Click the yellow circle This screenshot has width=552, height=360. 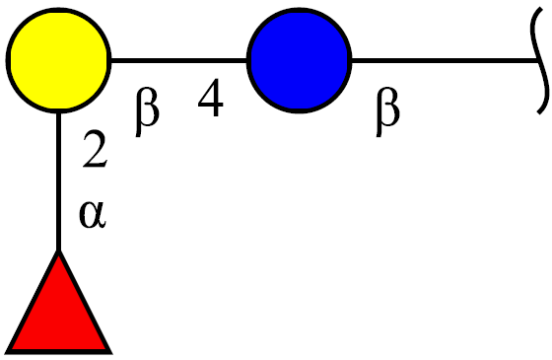(58, 60)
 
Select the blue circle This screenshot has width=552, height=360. (300, 60)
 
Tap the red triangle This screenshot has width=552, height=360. (58, 303)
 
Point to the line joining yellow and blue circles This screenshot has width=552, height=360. (178, 60)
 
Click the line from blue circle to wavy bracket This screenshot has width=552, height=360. (446, 60)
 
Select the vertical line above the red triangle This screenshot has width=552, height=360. (58, 181)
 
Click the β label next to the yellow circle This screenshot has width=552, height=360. (147, 111)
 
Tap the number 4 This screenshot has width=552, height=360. (211, 98)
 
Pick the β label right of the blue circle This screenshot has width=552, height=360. (387, 111)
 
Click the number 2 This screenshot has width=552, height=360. (95, 149)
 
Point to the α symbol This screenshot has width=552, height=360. (93, 215)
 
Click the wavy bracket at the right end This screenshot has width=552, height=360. (541, 60)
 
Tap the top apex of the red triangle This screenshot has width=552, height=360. (58, 251)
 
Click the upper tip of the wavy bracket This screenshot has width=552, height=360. (540, 9)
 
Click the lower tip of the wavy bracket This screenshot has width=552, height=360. (538, 112)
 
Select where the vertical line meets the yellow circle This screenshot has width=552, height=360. (58, 112)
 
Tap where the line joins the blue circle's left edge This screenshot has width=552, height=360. (247, 60)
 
